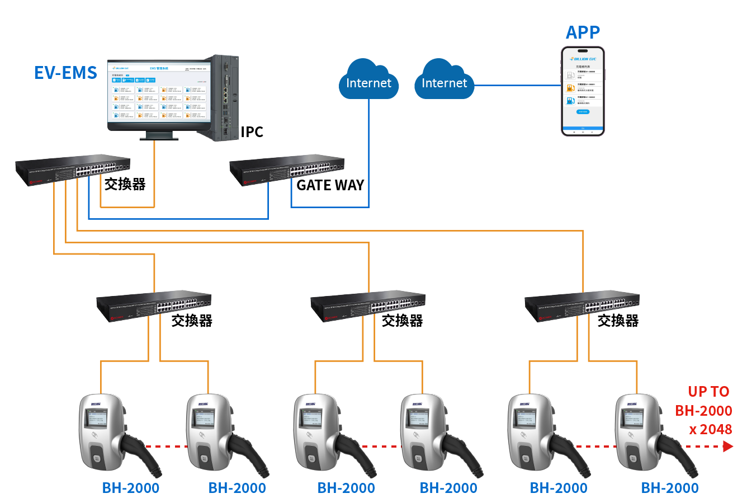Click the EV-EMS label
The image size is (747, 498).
click(x=66, y=72)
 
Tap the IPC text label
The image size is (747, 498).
click(x=252, y=132)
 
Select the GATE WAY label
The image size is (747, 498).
click(x=330, y=185)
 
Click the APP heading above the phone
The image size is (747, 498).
click(x=583, y=32)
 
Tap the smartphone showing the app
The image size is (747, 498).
click(x=583, y=91)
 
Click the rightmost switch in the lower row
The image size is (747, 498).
click(x=582, y=307)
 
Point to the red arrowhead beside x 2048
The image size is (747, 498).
click(x=727, y=446)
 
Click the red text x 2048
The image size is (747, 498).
click(x=710, y=429)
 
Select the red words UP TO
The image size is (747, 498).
click(x=708, y=392)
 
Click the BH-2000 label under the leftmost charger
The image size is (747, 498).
click(x=131, y=488)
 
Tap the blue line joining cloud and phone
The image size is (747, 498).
click(x=517, y=86)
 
